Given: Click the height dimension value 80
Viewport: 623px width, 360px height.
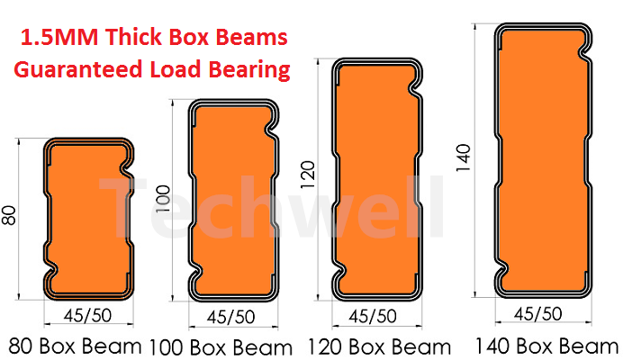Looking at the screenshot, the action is (9, 215).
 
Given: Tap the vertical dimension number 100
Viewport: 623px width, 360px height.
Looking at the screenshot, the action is (163, 199).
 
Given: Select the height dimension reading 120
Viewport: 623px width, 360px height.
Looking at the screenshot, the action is (308, 175).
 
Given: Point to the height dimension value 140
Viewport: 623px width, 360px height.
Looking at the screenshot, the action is (464, 158).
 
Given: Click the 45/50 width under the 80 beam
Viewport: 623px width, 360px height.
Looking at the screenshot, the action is (88, 316).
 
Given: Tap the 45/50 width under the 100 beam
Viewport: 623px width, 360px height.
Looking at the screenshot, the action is (230, 317).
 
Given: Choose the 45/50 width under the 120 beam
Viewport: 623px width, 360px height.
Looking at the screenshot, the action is (373, 316).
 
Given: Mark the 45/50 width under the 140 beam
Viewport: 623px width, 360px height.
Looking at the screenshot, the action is (538, 314).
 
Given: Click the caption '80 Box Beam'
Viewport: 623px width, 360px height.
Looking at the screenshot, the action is (75, 346).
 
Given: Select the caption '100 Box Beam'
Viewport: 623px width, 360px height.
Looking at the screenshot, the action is (221, 347).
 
